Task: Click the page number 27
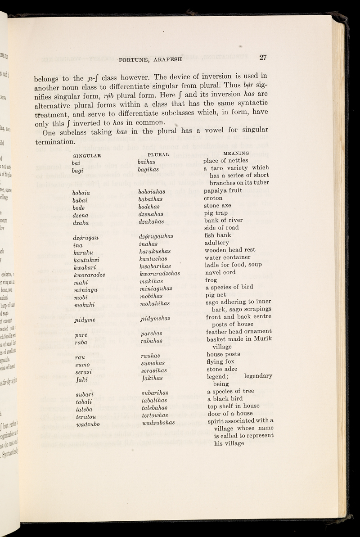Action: tap(264, 57)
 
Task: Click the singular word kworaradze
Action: tap(92, 273)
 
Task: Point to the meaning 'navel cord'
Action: tap(221, 272)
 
